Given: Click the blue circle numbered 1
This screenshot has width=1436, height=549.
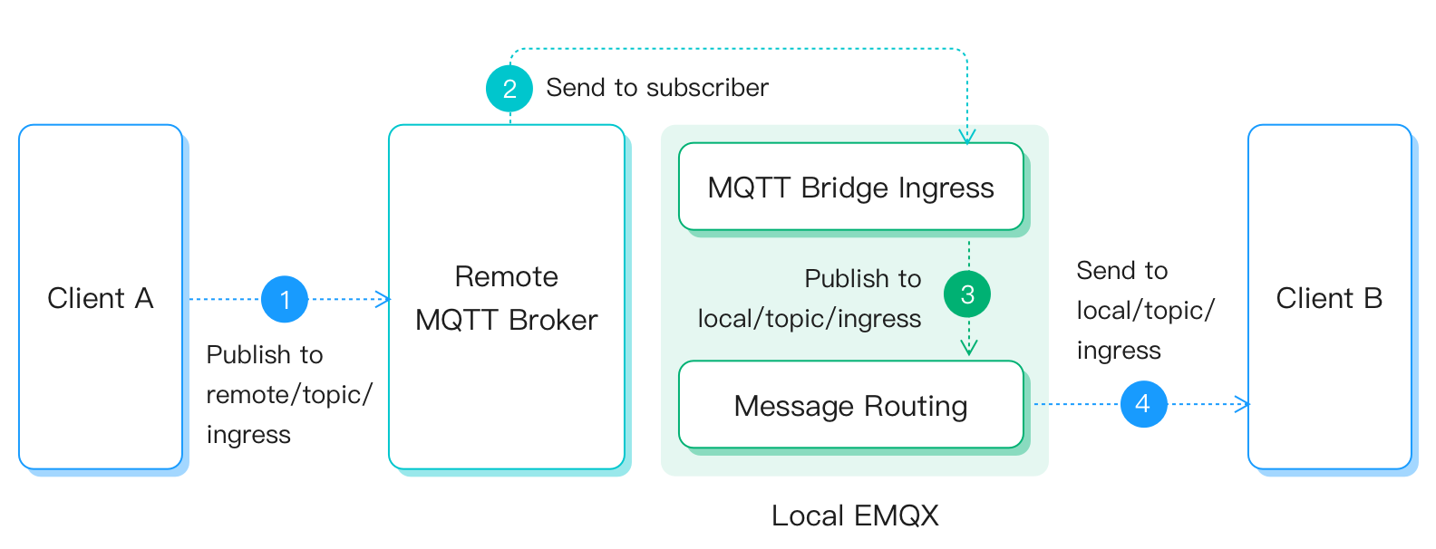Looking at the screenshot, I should (x=285, y=299).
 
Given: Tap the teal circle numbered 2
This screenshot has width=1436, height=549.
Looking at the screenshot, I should (x=509, y=88).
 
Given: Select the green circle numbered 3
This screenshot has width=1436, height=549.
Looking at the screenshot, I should (x=967, y=294).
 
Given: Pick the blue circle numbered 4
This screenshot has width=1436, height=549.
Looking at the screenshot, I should (x=1143, y=404).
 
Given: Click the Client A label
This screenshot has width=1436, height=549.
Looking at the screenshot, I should (x=100, y=298).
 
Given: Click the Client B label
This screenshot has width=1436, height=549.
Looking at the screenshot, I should (x=1329, y=298).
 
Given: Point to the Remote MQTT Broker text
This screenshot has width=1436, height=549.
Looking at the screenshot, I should (x=506, y=298).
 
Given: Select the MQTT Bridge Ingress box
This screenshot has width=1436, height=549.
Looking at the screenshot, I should (x=850, y=187).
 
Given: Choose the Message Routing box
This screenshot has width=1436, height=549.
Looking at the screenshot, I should (x=850, y=405).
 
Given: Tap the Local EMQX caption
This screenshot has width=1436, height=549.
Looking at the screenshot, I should (x=854, y=515).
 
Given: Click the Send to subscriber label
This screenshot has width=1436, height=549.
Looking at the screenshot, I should (x=656, y=88).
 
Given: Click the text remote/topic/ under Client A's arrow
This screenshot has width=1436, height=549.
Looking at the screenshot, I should (x=289, y=395).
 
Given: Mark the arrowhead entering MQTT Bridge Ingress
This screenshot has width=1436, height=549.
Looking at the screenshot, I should (x=967, y=137).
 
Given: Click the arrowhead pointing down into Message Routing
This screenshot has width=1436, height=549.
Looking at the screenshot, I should (x=968, y=348).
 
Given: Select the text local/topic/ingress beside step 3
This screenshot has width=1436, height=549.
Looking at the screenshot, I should (x=809, y=319).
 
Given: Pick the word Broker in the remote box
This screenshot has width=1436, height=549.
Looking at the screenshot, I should (x=552, y=321).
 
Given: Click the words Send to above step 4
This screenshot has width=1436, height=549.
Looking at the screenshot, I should (x=1121, y=271).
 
